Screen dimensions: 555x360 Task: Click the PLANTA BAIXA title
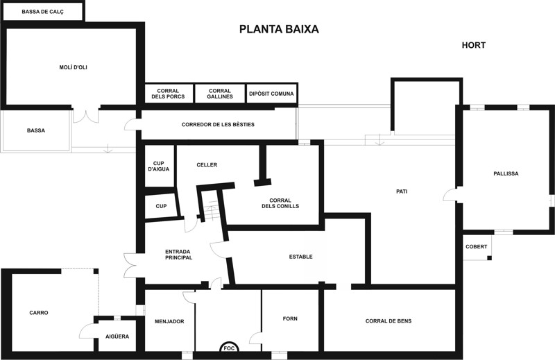(279, 29)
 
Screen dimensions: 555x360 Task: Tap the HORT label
(473, 45)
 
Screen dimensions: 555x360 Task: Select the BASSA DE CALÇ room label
(42, 12)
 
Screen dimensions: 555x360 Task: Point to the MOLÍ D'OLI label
(74, 67)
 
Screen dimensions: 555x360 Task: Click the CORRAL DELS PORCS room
(169, 94)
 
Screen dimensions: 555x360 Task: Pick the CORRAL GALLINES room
(220, 94)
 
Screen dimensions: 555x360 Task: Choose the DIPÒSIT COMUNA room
(271, 94)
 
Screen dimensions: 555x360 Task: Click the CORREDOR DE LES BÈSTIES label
(218, 125)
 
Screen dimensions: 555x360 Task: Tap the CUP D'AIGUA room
(160, 166)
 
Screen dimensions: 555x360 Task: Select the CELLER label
(207, 165)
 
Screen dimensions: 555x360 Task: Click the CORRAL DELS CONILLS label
(280, 203)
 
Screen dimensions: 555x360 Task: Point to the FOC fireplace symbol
(230, 348)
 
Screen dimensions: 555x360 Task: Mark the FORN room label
(290, 318)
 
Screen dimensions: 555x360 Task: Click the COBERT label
(477, 247)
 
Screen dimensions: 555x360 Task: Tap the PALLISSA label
(506, 173)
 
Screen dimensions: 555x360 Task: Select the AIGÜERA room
(117, 336)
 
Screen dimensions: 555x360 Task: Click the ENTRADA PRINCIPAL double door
(130, 265)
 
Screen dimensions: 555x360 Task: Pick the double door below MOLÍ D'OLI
(86, 117)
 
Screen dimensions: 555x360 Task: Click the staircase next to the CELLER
(212, 207)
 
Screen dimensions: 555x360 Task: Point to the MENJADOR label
(169, 321)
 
